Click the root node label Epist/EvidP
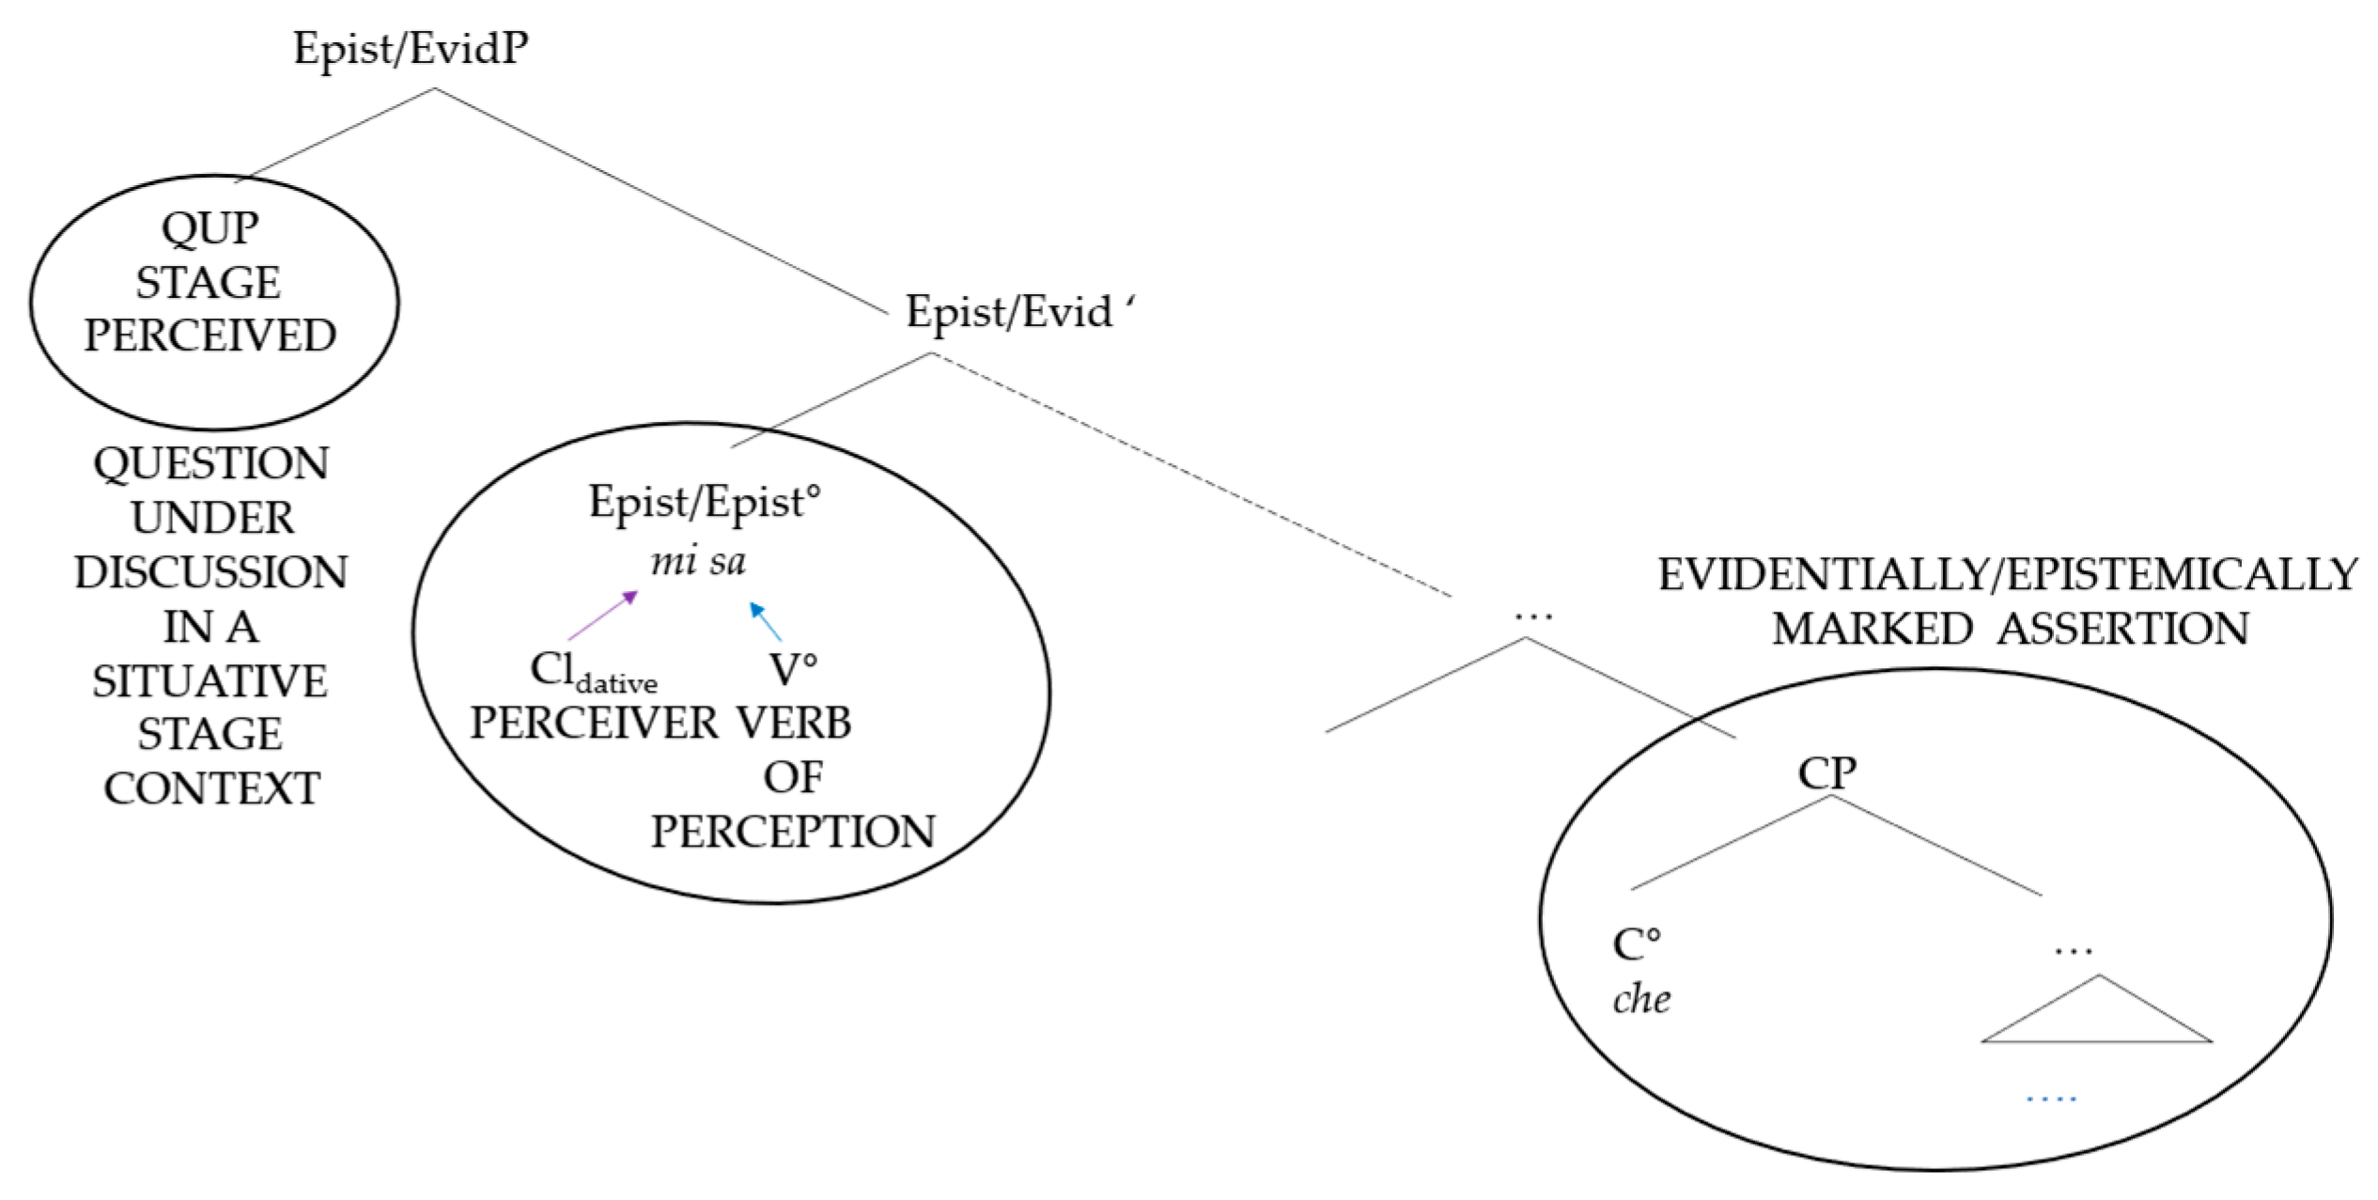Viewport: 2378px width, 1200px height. coord(411,48)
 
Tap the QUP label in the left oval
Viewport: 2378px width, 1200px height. coord(210,228)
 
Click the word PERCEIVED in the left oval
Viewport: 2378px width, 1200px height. coord(210,335)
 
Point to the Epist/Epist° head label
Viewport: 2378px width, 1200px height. coord(704,502)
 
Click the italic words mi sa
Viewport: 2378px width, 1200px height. coord(698,561)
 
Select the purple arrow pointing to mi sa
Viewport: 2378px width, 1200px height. coord(603,616)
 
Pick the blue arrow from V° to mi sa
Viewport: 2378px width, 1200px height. coord(765,621)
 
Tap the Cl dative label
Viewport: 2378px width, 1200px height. coord(593,671)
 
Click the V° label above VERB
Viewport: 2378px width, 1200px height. coord(793,670)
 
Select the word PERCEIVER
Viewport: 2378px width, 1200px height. coord(594,723)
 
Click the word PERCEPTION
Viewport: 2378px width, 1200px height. coord(793,832)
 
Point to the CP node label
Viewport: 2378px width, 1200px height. coord(1826,773)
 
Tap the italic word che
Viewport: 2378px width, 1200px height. coord(1641,999)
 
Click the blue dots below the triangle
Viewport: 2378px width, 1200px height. coord(2051,1098)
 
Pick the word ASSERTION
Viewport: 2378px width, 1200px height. coord(2122,629)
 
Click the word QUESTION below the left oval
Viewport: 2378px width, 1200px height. coord(211,463)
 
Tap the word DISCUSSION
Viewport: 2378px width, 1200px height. coord(211,572)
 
